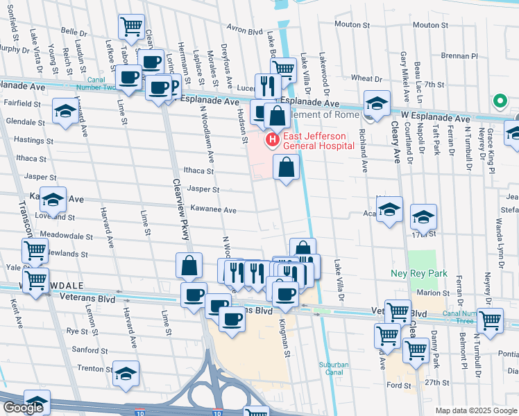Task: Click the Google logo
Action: click(23, 408)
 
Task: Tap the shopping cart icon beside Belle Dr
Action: click(132, 27)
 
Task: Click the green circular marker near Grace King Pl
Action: click(499, 101)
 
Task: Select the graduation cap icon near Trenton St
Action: click(126, 374)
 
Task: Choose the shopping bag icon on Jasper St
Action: click(287, 167)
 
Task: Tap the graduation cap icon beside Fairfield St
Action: click(65, 110)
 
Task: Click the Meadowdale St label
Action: click(67, 236)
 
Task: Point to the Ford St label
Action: click(400, 385)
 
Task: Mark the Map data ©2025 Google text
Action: click(475, 410)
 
